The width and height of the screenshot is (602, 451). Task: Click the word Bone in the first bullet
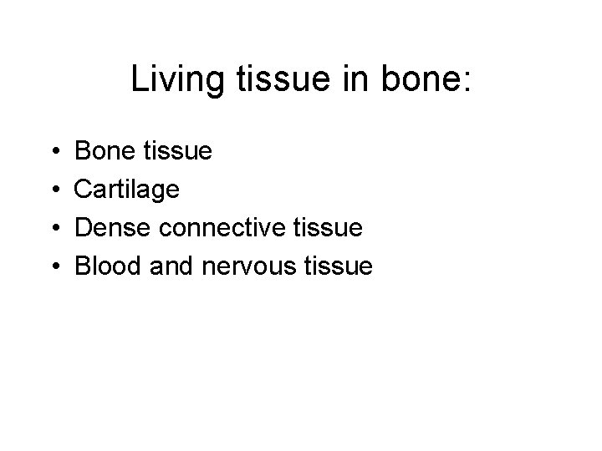(105, 152)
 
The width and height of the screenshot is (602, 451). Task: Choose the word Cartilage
(127, 190)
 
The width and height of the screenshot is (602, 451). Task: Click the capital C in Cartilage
(84, 190)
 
